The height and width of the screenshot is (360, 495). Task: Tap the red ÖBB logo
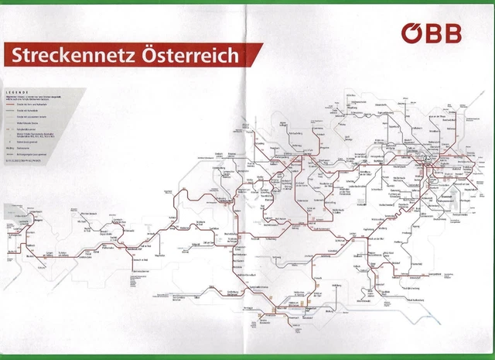431,33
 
